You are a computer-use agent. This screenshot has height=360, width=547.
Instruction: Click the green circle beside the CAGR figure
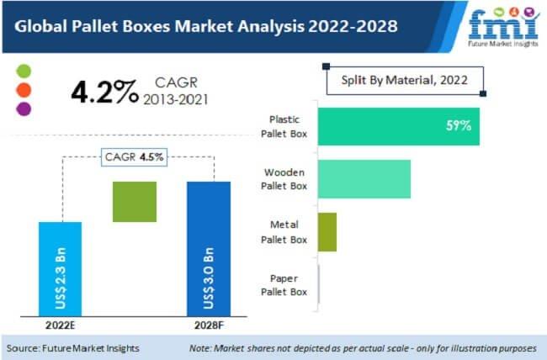[x=24, y=71]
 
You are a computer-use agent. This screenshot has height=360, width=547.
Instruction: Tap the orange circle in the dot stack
[x=24, y=89]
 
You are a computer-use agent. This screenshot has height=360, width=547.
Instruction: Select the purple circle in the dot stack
[x=24, y=108]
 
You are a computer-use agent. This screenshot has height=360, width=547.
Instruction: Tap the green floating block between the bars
[x=135, y=202]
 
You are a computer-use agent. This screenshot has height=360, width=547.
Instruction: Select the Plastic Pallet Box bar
[x=398, y=126]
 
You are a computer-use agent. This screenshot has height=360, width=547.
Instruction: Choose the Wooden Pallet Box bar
[x=364, y=179]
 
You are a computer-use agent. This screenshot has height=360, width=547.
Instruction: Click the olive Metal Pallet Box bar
[x=327, y=231]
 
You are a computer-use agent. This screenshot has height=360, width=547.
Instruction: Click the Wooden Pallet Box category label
[x=285, y=178]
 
